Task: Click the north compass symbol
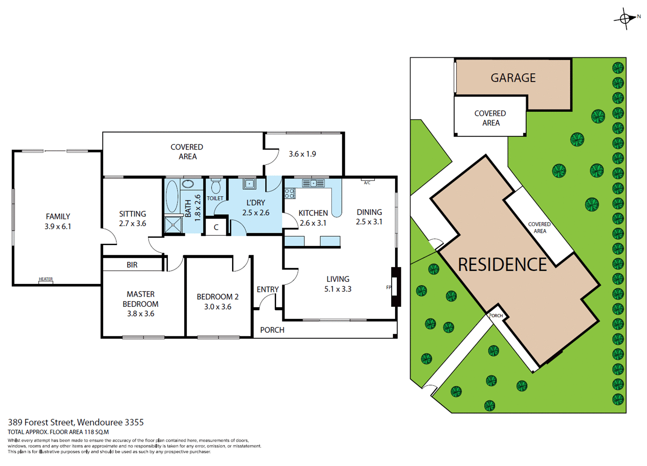click(x=625, y=19)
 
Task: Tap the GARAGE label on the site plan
click(x=513, y=78)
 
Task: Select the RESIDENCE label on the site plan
click(x=502, y=265)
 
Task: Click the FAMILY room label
click(x=58, y=216)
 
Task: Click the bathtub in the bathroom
click(x=172, y=197)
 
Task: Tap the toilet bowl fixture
click(x=215, y=187)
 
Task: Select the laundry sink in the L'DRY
click(x=249, y=184)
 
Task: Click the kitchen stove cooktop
click(x=290, y=193)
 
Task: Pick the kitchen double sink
click(x=313, y=183)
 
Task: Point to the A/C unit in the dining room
click(x=367, y=181)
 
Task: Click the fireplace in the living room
click(x=395, y=287)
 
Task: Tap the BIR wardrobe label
click(x=132, y=265)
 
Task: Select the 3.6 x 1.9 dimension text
click(x=302, y=154)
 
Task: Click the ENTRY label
click(x=267, y=290)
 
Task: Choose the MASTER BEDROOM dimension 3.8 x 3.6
click(x=140, y=314)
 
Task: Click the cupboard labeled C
click(x=216, y=227)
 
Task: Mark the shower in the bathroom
click(x=173, y=225)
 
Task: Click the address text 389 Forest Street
click(x=76, y=422)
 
